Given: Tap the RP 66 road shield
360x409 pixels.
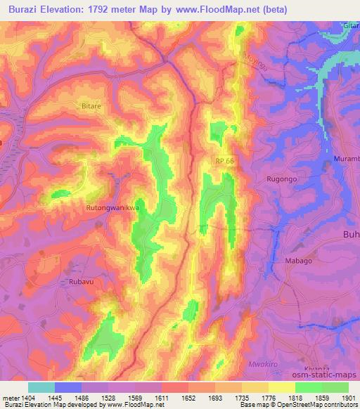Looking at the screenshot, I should click(x=224, y=162).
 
